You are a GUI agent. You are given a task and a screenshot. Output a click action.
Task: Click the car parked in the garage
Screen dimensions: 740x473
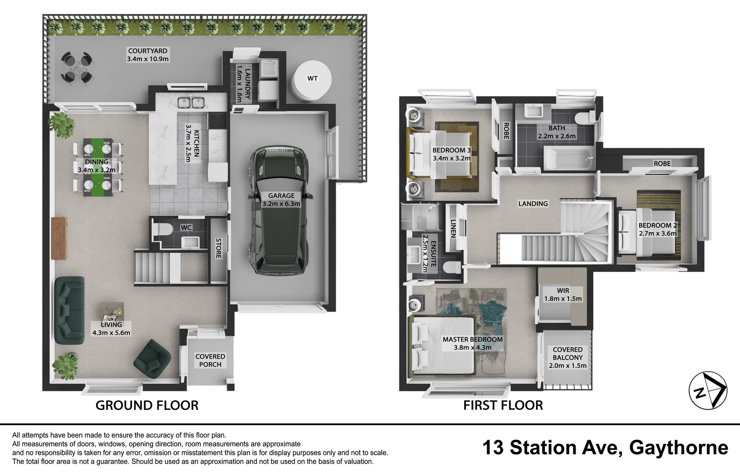point(281,210)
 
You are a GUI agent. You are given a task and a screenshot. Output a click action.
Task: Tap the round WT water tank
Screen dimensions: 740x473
point(311,81)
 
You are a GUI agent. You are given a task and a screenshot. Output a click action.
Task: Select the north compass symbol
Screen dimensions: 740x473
point(708,390)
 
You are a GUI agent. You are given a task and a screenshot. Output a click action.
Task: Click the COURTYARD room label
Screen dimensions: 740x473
point(148,51)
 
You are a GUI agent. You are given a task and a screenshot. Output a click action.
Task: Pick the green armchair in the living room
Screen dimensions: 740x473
point(152,359)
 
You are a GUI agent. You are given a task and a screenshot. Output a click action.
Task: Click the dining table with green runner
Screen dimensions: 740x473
point(97,167)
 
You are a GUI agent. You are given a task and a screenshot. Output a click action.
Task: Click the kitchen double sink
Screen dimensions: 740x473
point(191,102)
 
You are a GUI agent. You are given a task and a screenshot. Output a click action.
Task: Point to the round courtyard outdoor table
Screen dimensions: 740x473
point(78,69)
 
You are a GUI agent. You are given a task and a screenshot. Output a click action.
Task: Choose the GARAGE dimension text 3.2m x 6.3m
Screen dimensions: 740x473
point(281,204)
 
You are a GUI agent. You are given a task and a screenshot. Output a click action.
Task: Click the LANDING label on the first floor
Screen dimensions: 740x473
point(533,204)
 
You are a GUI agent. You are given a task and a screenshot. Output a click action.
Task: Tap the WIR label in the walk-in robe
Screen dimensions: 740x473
point(563,290)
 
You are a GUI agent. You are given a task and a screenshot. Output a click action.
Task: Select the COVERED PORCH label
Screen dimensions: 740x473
point(210,360)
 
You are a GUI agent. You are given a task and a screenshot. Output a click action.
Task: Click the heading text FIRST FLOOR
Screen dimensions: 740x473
point(503,405)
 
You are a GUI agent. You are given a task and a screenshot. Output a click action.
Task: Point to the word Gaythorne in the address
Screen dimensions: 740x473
point(679,448)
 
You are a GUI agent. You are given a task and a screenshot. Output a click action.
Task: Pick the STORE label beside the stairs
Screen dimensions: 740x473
point(218,248)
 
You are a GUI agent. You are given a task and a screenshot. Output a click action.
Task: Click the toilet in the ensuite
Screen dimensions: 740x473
point(452,267)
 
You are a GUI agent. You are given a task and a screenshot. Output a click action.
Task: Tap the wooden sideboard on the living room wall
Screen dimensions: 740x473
point(60,238)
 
